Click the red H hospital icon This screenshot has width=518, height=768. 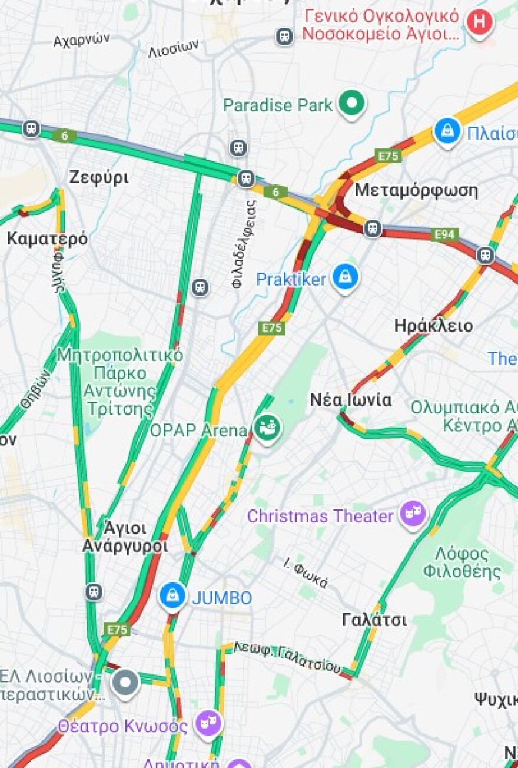[480, 23]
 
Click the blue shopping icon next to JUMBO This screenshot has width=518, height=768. [172, 597]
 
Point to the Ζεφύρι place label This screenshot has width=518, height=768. [98, 177]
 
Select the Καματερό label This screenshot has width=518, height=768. [47, 239]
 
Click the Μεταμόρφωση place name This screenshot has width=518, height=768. [416, 190]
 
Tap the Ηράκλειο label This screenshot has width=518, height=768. [433, 325]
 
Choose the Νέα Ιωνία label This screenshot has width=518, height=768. [351, 400]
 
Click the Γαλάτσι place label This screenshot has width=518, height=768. [374, 620]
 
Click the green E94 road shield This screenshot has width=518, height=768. [445, 234]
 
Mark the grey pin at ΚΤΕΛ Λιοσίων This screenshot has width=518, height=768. [125, 683]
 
